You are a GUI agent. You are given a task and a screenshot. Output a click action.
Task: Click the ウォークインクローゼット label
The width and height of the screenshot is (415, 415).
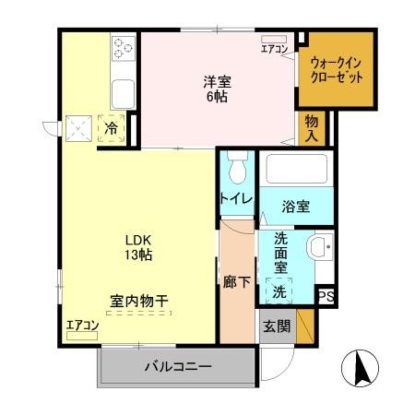337,70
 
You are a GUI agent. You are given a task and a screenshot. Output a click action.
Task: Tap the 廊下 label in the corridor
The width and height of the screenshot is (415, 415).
235,281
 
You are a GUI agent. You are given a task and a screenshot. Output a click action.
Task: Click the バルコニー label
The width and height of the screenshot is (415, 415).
177,367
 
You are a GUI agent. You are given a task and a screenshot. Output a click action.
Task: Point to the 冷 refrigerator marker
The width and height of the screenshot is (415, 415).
111,129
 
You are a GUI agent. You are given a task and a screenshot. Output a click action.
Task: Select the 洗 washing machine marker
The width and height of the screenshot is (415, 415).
279,292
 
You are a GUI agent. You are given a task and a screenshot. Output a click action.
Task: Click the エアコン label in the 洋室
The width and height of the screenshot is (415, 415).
274,49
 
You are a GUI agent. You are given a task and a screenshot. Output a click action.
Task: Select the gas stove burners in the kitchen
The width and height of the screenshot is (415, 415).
123,46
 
